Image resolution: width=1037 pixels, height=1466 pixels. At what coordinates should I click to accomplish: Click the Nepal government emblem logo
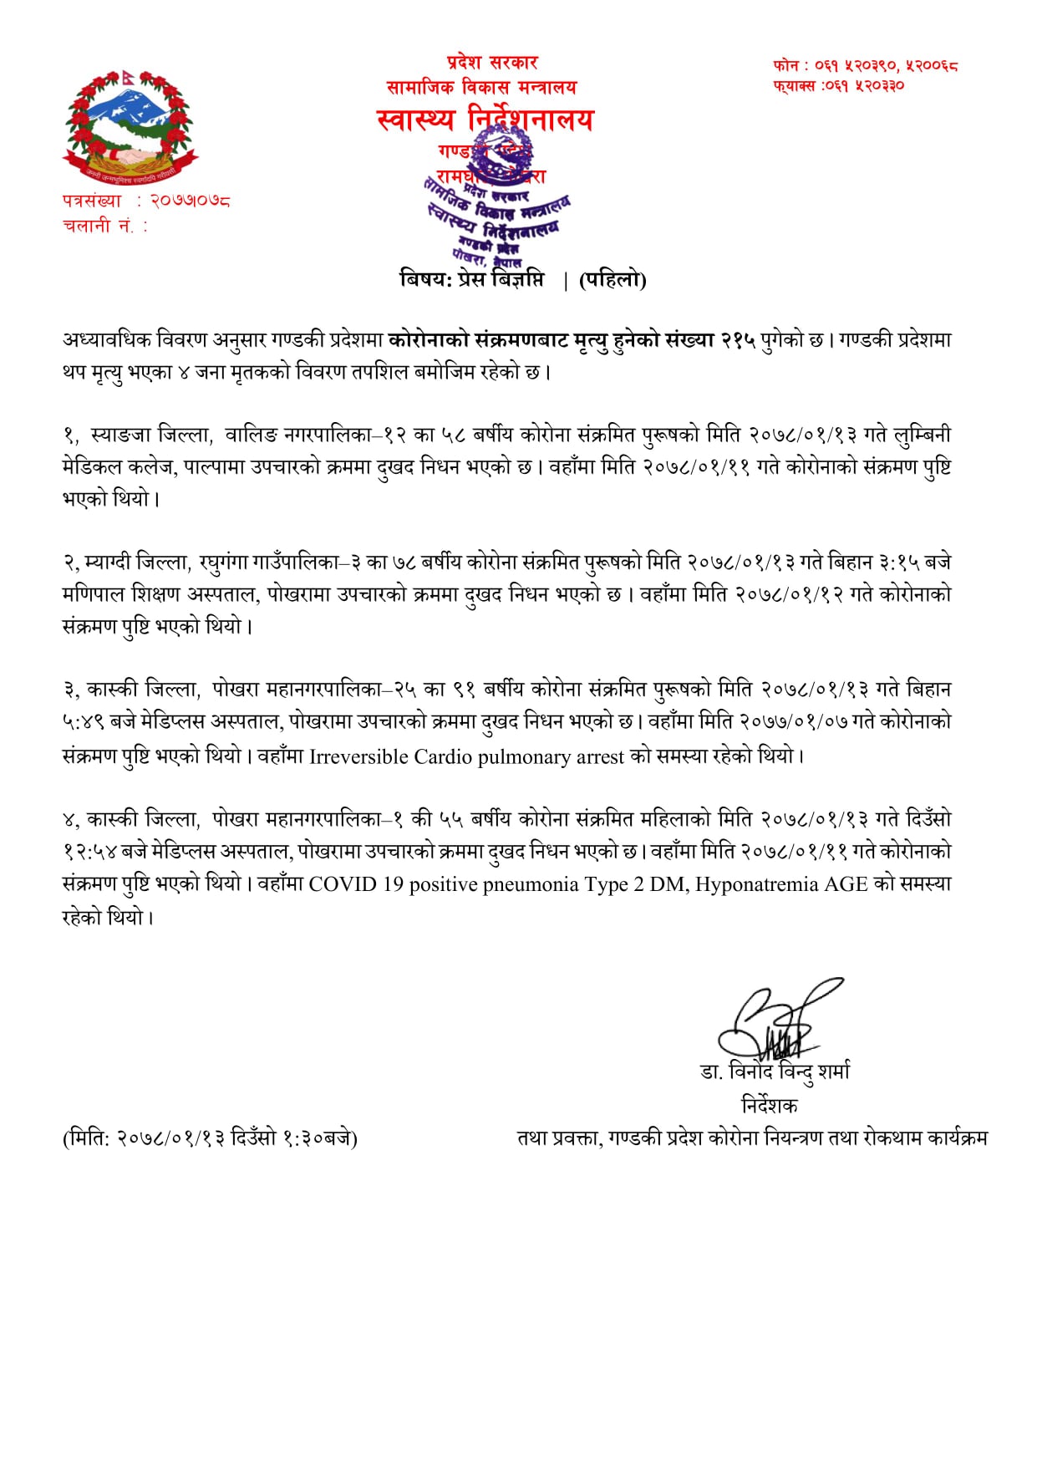pos(130,128)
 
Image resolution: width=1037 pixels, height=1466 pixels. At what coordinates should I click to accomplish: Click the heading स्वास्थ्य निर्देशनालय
pos(485,120)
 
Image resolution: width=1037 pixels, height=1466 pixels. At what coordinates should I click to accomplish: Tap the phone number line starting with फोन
pos(865,64)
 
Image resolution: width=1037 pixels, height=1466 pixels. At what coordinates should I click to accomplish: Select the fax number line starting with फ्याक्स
pos(838,85)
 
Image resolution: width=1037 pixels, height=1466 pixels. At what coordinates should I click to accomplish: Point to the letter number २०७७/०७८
pos(190,201)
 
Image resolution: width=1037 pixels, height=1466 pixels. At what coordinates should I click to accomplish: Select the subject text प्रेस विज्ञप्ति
pos(501,279)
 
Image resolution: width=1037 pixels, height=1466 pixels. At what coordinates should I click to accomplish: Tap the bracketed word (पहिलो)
pos(612,280)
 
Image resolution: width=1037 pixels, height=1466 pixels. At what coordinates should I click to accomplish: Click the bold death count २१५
pos(738,340)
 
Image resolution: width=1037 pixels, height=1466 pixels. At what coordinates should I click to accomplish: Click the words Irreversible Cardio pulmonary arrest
pos(466,757)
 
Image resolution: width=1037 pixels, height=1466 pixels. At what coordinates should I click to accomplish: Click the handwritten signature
pos(774,1020)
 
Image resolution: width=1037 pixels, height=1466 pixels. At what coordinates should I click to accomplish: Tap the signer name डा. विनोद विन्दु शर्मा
pos(775,1072)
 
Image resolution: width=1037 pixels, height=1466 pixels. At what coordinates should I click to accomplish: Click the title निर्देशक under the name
pos(769,1106)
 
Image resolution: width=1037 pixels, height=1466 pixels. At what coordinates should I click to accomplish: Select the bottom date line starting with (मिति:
pos(210,1138)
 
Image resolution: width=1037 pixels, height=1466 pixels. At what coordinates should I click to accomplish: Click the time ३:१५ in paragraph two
pos(898,562)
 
